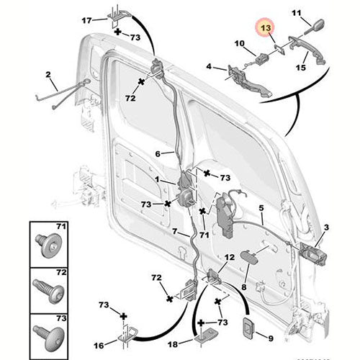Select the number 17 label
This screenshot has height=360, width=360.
point(86,19)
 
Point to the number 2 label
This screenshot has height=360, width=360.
point(48,74)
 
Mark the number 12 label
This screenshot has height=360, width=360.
point(228,257)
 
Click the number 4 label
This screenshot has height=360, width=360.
point(209,67)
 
